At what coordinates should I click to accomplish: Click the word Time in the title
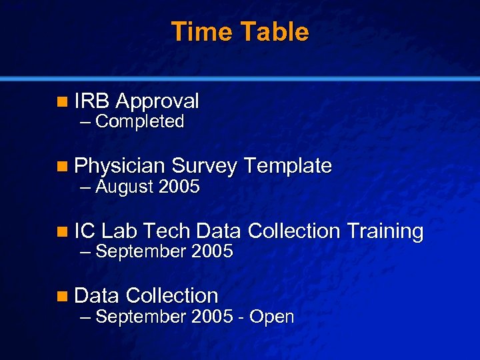200,32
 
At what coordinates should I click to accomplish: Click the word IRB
92,101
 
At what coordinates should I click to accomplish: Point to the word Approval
157,101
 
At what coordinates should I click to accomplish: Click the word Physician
120,166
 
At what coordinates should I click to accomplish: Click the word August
125,187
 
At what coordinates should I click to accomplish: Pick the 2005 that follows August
179,187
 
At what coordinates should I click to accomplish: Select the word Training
385,231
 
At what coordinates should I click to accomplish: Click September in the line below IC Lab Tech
141,252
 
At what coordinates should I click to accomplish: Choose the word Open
272,317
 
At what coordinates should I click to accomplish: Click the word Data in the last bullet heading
97,295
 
